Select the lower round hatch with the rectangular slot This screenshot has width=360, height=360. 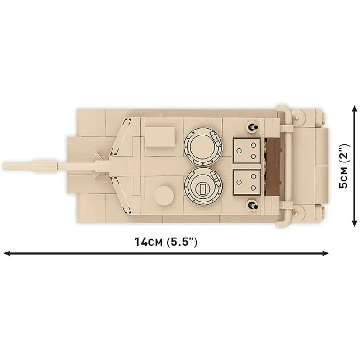203,187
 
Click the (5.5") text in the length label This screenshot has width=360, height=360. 182,242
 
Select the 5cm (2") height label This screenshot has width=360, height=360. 343,166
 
